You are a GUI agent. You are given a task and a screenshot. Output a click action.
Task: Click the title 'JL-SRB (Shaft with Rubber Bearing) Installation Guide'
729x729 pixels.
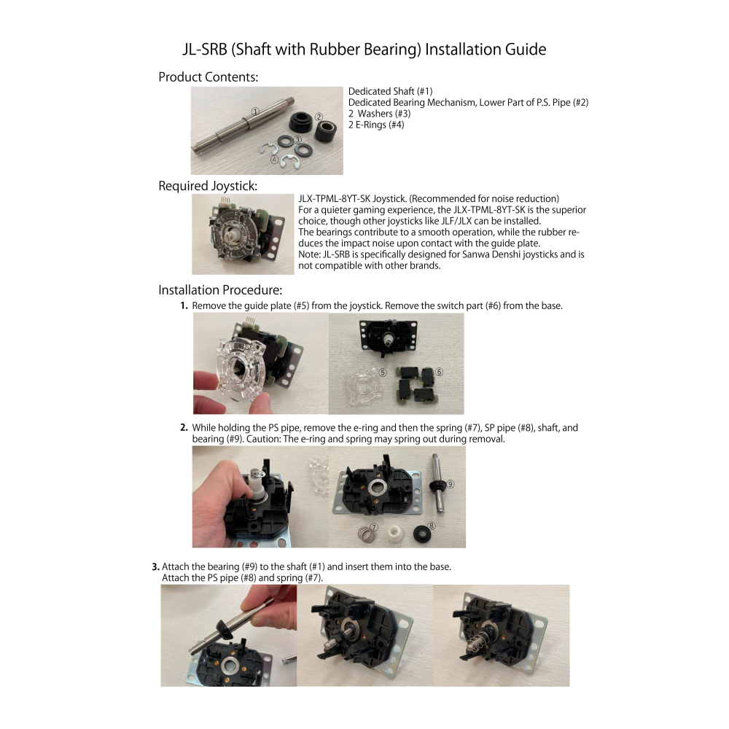(x=364, y=50)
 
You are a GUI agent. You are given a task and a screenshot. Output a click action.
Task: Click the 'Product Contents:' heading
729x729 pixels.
(x=208, y=77)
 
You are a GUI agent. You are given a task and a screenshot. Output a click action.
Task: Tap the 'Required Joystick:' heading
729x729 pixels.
(x=207, y=186)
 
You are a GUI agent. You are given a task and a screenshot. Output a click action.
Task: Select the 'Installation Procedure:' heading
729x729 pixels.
(x=220, y=290)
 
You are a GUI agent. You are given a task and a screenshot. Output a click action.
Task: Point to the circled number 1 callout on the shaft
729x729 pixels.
(x=255, y=112)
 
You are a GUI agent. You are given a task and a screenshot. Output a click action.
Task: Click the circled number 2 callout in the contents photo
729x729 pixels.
(x=319, y=117)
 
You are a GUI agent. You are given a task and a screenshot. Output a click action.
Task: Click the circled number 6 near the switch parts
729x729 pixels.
(x=439, y=372)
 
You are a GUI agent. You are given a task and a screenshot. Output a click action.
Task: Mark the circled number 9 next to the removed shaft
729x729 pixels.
(x=450, y=485)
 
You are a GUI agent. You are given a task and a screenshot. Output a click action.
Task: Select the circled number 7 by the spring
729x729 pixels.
(x=375, y=527)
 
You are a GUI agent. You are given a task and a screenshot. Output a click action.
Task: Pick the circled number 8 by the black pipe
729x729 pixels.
(x=432, y=526)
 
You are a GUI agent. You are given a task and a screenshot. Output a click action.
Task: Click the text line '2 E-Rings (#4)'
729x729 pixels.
(x=376, y=125)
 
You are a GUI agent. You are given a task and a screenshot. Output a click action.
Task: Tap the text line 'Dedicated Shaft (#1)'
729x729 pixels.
(x=391, y=92)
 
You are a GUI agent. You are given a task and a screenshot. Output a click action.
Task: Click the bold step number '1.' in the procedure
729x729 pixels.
(x=184, y=306)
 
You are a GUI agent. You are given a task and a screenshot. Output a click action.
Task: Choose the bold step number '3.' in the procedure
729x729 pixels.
(x=156, y=566)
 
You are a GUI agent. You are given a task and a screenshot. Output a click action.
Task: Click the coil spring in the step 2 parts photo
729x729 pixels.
(x=367, y=534)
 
